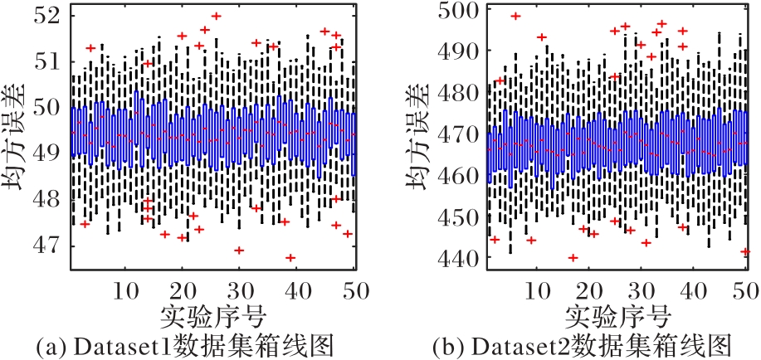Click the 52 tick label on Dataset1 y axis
pos(51,13)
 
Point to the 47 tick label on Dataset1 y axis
pos(51,245)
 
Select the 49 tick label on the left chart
pos(51,153)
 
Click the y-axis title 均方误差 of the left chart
pos(19,141)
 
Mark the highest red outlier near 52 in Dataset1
pos(217,16)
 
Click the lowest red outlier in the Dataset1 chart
pos(290,258)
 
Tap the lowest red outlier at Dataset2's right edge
pos(745,251)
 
